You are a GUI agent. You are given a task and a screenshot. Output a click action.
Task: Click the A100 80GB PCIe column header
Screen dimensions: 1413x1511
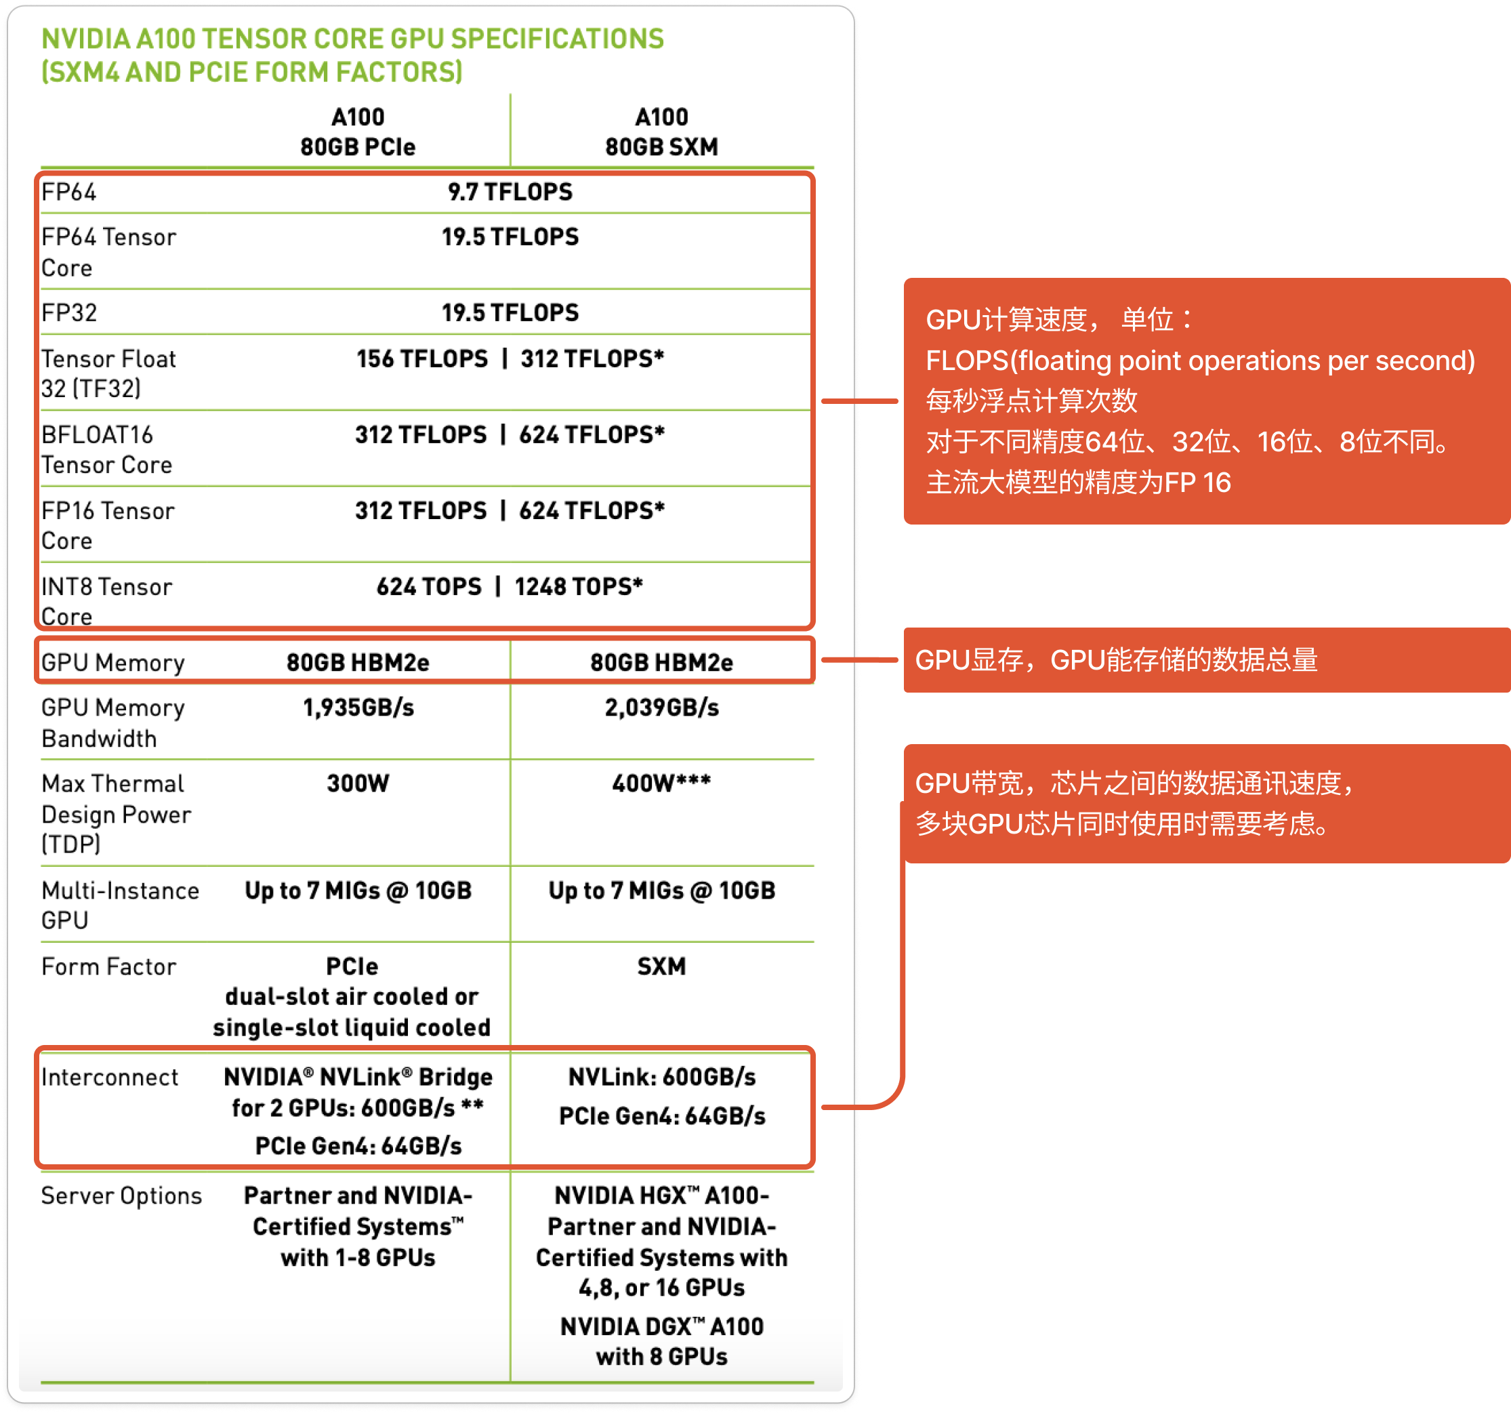coord(358,131)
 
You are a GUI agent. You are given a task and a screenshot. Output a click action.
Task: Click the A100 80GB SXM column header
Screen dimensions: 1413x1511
coord(661,131)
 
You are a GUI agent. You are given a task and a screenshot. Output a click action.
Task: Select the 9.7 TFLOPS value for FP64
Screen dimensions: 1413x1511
coord(510,192)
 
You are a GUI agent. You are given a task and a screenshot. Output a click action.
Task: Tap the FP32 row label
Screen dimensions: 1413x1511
coord(69,312)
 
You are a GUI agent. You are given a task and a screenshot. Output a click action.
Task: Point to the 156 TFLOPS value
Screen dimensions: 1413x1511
coord(422,359)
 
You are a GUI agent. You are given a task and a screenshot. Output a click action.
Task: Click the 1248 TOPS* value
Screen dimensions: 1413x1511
coord(579,587)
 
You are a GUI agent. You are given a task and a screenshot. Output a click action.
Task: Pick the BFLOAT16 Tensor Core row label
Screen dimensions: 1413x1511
coord(106,449)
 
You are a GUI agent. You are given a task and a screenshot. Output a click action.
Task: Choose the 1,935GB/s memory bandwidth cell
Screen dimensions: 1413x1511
coord(358,708)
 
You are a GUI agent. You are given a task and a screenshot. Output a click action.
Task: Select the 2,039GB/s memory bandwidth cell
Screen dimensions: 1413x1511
coord(661,708)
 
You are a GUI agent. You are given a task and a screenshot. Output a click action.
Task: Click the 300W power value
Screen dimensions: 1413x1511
coord(358,783)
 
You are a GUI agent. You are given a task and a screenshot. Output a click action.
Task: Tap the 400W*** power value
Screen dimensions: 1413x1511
coord(661,783)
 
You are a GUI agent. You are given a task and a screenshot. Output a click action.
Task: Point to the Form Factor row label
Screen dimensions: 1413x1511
coord(108,967)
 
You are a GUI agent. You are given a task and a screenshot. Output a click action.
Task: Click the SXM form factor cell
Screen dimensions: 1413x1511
coord(661,967)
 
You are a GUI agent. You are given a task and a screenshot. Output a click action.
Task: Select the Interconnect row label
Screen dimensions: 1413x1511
coord(110,1077)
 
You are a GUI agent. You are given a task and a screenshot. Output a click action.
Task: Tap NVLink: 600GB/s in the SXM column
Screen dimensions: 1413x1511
coord(661,1077)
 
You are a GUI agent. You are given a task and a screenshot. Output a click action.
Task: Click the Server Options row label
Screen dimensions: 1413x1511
coord(121,1195)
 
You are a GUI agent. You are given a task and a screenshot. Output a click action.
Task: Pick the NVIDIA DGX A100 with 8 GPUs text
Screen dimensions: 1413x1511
coord(661,1342)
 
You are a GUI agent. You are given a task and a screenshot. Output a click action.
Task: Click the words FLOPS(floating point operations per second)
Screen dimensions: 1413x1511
coord(1200,361)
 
